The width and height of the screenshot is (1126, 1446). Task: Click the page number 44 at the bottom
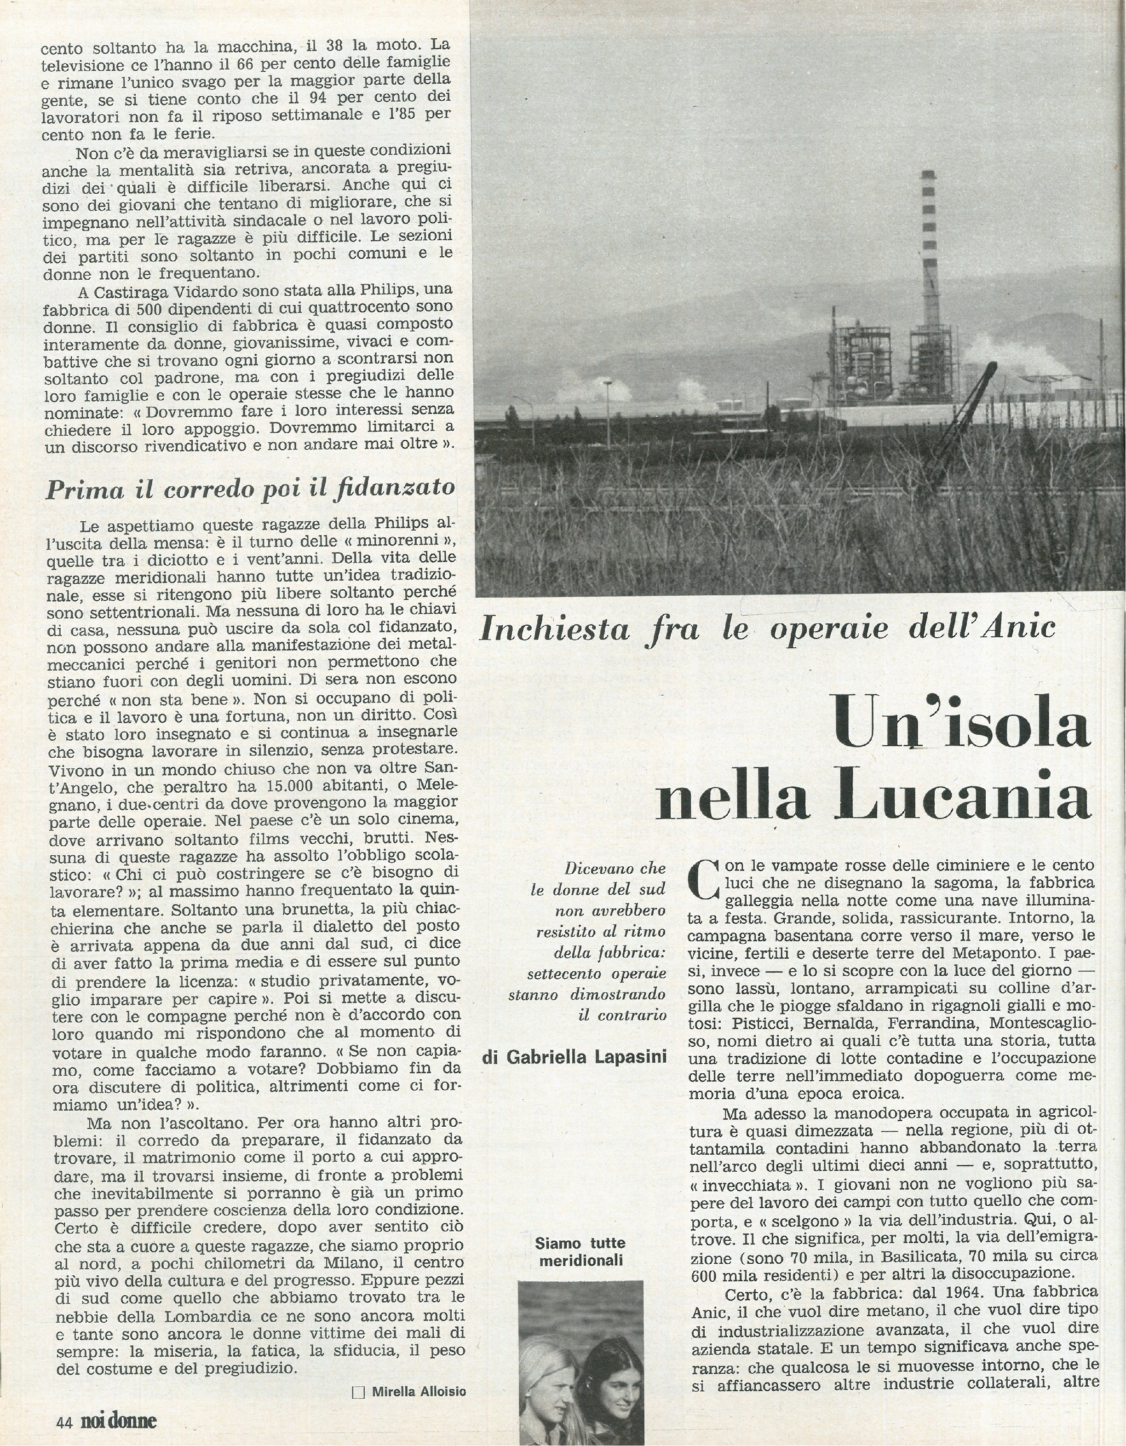pos(63,1418)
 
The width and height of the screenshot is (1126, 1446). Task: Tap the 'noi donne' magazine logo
pos(119,1418)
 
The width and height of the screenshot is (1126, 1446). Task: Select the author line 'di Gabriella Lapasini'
pos(574,1057)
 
